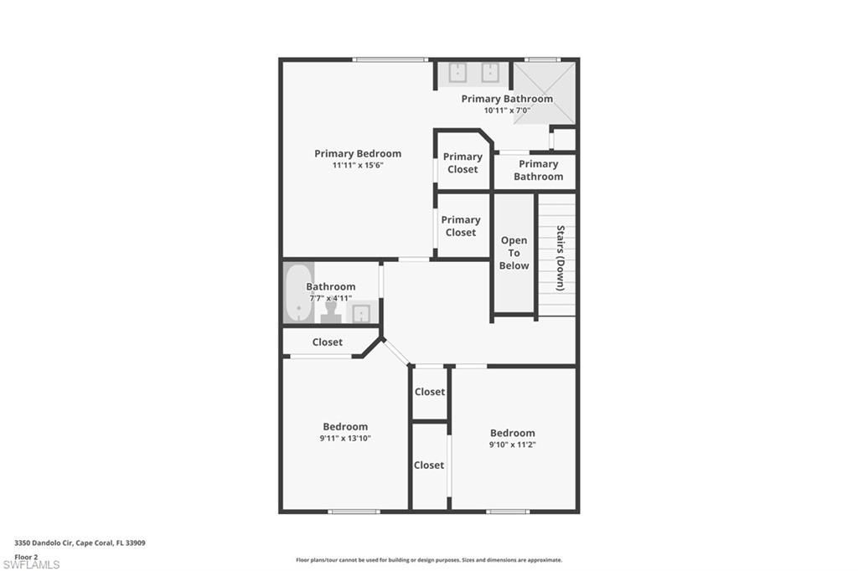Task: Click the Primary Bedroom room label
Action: tap(358, 153)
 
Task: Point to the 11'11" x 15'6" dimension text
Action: tap(358, 166)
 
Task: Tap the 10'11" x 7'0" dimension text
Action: tap(507, 111)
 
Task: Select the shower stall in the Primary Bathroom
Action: tap(544, 93)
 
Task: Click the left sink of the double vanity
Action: tap(457, 74)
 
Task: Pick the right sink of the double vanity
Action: tap(490, 74)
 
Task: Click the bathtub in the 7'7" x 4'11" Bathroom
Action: tap(297, 292)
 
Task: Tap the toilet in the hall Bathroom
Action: tap(330, 311)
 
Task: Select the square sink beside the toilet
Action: tap(361, 312)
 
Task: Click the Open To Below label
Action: tap(514, 253)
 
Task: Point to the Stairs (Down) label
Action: tap(560, 258)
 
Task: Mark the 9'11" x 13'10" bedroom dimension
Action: tap(345, 439)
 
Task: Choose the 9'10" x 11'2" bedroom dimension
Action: tap(512, 445)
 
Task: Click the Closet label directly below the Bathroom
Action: tap(328, 342)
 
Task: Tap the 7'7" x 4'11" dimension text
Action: tap(330, 298)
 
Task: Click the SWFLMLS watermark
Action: tap(31, 564)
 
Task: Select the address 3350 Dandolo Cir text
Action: tap(80, 543)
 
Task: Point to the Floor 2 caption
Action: tap(26, 556)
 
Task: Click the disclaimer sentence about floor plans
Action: tap(428, 560)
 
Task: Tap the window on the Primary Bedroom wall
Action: tap(390, 59)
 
